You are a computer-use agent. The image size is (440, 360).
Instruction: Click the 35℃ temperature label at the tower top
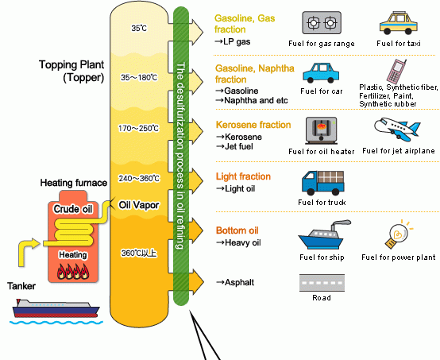[x=139, y=29]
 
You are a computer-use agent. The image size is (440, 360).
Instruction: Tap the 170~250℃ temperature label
[x=139, y=128]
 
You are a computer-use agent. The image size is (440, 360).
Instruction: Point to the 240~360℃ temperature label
[x=139, y=178]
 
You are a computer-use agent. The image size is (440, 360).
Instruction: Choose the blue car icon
[x=320, y=72]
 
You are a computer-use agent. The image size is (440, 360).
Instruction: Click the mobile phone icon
[x=396, y=69]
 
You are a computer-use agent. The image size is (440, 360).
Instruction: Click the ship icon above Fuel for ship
[x=319, y=235]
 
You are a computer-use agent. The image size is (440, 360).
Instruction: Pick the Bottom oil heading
[x=236, y=230]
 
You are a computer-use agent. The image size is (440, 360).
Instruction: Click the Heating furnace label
[x=73, y=183]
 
